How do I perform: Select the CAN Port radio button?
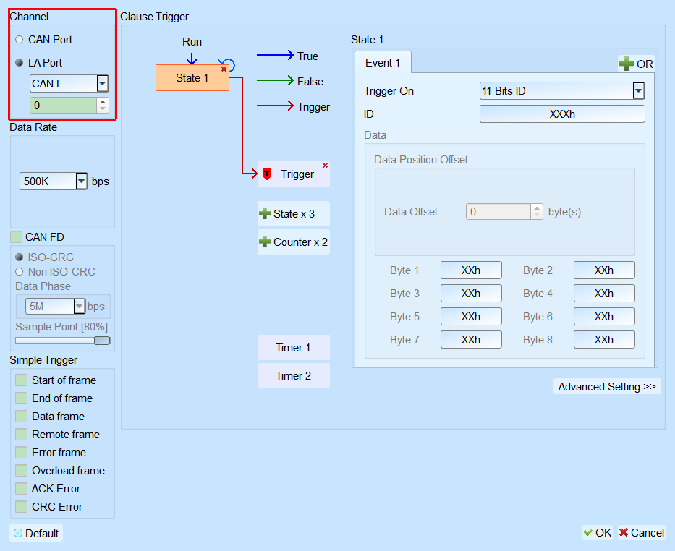pyautogui.click(x=19, y=40)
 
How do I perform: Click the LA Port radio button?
pyautogui.click(x=19, y=63)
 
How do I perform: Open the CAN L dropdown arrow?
pyautogui.click(x=103, y=83)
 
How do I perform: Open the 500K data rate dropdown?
pyautogui.click(x=81, y=181)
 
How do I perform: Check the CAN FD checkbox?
pyautogui.click(x=17, y=237)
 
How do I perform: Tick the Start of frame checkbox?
pyautogui.click(x=21, y=380)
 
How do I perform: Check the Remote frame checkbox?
pyautogui.click(x=21, y=435)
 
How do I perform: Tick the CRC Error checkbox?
pyautogui.click(x=21, y=507)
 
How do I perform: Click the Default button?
pyautogui.click(x=36, y=534)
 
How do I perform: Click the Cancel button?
pyautogui.click(x=642, y=533)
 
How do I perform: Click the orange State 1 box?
pyautogui.click(x=192, y=78)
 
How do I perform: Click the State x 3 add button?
pyautogui.click(x=294, y=214)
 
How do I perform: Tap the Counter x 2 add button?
pyautogui.click(x=294, y=242)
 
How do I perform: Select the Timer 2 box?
pyautogui.click(x=294, y=376)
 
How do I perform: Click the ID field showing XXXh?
pyautogui.click(x=562, y=114)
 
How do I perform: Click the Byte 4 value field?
pyautogui.click(x=604, y=294)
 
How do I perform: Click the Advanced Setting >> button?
pyautogui.click(x=607, y=387)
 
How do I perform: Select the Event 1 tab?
pyautogui.click(x=383, y=63)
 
